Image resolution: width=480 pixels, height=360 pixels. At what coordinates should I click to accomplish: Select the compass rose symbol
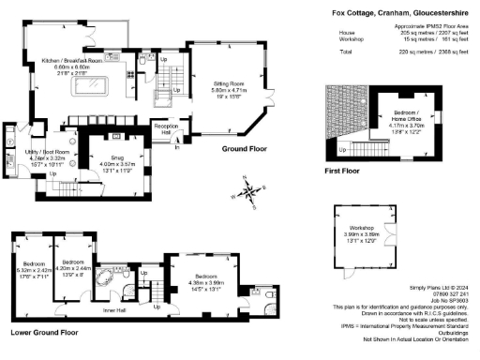click(248, 191)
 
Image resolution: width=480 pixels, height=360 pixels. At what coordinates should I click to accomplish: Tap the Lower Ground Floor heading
click(46, 331)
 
